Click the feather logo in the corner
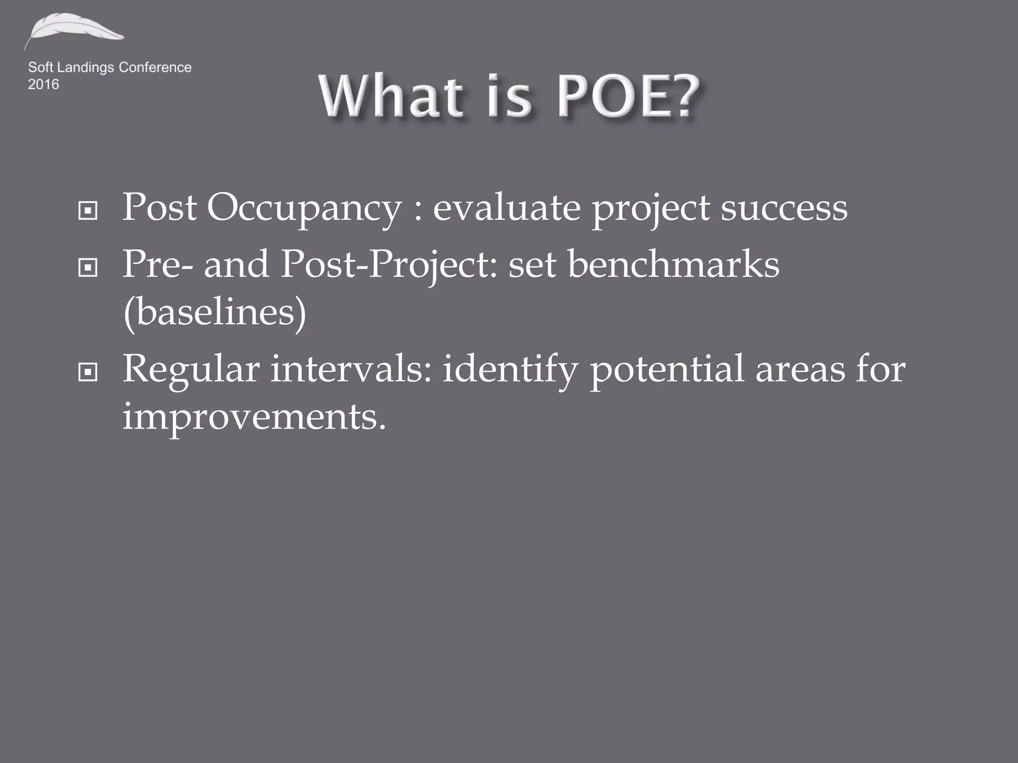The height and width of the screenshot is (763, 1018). pos(74,31)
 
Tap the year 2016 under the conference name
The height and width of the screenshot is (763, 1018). pos(43,84)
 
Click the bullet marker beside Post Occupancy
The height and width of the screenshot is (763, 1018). pos(88,211)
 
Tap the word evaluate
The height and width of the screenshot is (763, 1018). pos(507,208)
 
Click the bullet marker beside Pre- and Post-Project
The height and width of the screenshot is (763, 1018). pos(88,268)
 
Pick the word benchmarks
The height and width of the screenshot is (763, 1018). pos(673,264)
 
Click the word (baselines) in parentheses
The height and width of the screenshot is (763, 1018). pos(214,313)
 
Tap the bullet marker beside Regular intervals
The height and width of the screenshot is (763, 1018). pos(88,372)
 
